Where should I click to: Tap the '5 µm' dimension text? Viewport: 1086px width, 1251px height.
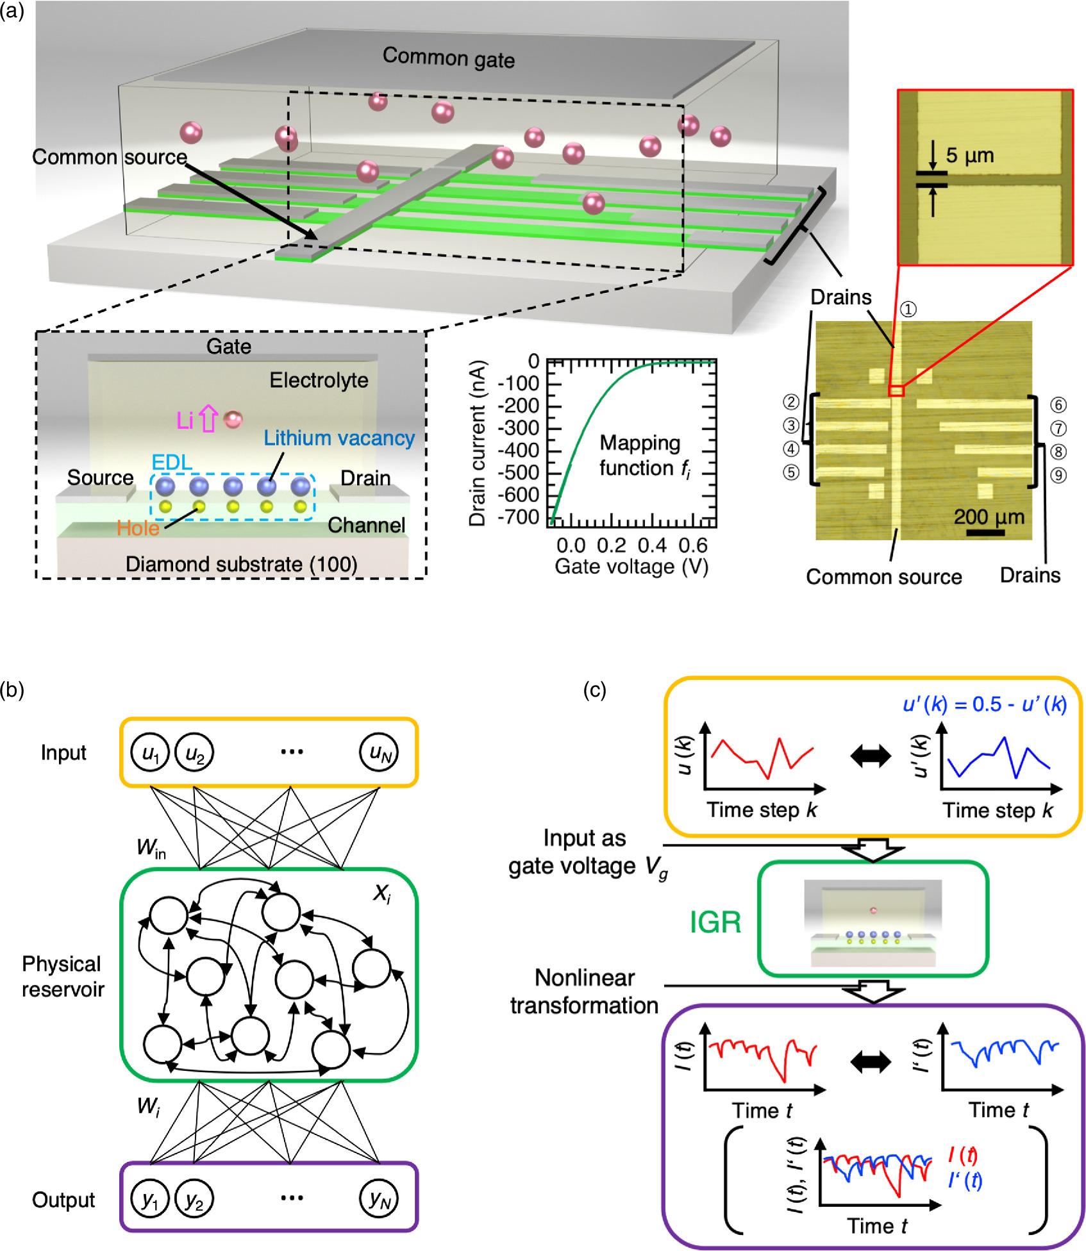click(969, 155)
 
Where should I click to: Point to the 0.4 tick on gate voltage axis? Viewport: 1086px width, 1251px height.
click(652, 545)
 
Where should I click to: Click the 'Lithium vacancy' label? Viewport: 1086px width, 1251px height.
click(338, 438)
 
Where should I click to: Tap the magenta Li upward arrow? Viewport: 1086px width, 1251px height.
click(208, 418)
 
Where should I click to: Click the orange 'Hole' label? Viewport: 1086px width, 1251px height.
click(138, 527)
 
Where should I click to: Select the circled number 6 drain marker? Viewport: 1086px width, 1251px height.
click(1058, 404)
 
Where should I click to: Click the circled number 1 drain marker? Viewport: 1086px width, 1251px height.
click(908, 310)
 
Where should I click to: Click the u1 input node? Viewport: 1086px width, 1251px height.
click(149, 752)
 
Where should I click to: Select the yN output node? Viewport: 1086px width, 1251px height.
click(379, 1198)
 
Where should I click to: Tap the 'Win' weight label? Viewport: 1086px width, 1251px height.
click(151, 848)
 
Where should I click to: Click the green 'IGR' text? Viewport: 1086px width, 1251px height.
click(715, 922)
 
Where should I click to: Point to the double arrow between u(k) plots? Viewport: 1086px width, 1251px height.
click(870, 756)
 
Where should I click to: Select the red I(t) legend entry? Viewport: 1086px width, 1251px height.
click(962, 1156)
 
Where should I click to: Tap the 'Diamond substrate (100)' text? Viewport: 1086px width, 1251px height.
click(241, 564)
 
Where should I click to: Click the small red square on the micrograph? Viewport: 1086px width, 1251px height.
click(896, 390)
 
